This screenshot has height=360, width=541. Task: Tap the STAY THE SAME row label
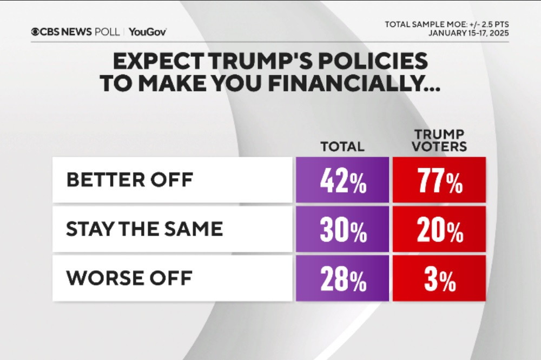(144, 229)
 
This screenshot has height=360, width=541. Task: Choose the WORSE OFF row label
(129, 277)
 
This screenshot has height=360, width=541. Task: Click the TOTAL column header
(342, 146)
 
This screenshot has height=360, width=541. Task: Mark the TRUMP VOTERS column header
(439, 141)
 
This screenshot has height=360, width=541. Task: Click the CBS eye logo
(36, 32)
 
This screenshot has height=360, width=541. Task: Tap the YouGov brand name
(148, 32)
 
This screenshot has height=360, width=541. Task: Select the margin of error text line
(446, 24)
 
